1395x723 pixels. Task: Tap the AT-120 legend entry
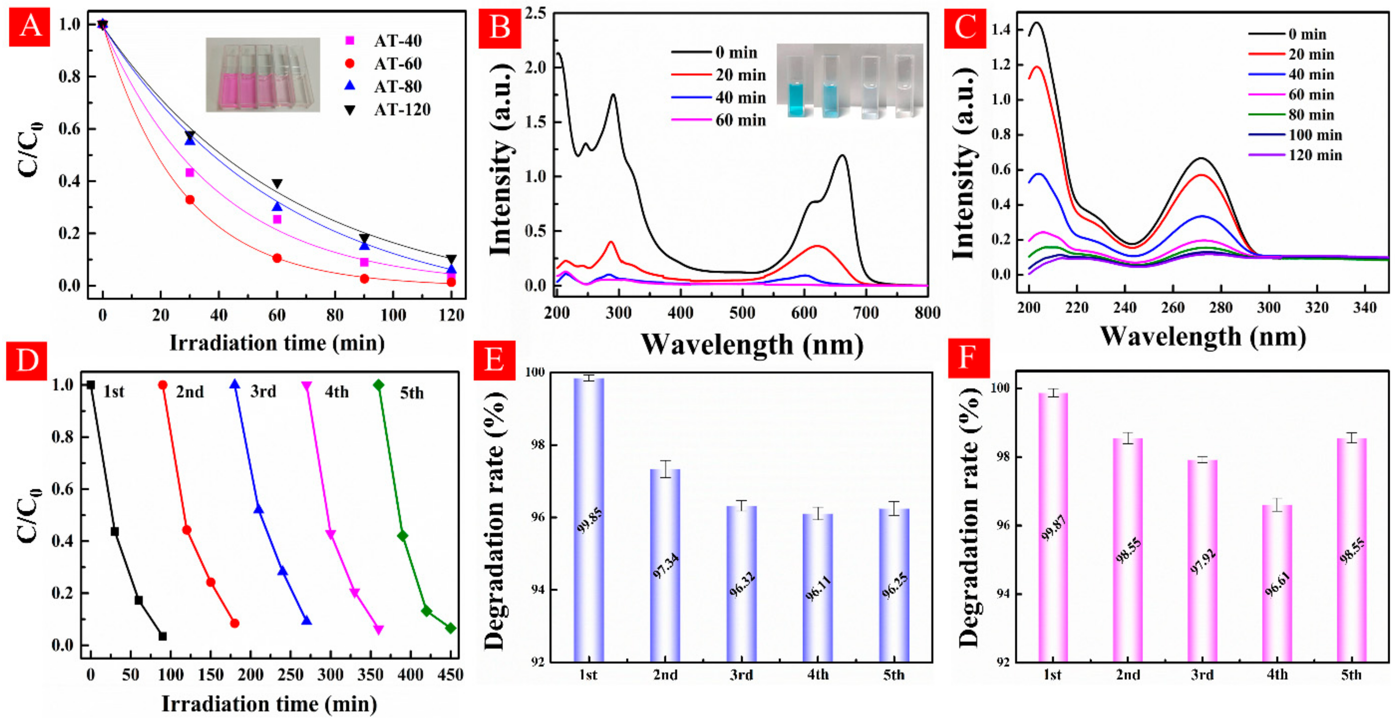tap(389, 110)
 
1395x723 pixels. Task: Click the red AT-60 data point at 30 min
tap(189, 200)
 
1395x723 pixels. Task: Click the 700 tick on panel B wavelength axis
tap(865, 313)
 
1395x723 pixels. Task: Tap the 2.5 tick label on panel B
tap(534, 13)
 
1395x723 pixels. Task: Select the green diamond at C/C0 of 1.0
tap(378, 385)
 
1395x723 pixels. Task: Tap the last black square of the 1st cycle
tap(162, 636)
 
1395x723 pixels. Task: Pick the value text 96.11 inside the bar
tap(818, 589)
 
